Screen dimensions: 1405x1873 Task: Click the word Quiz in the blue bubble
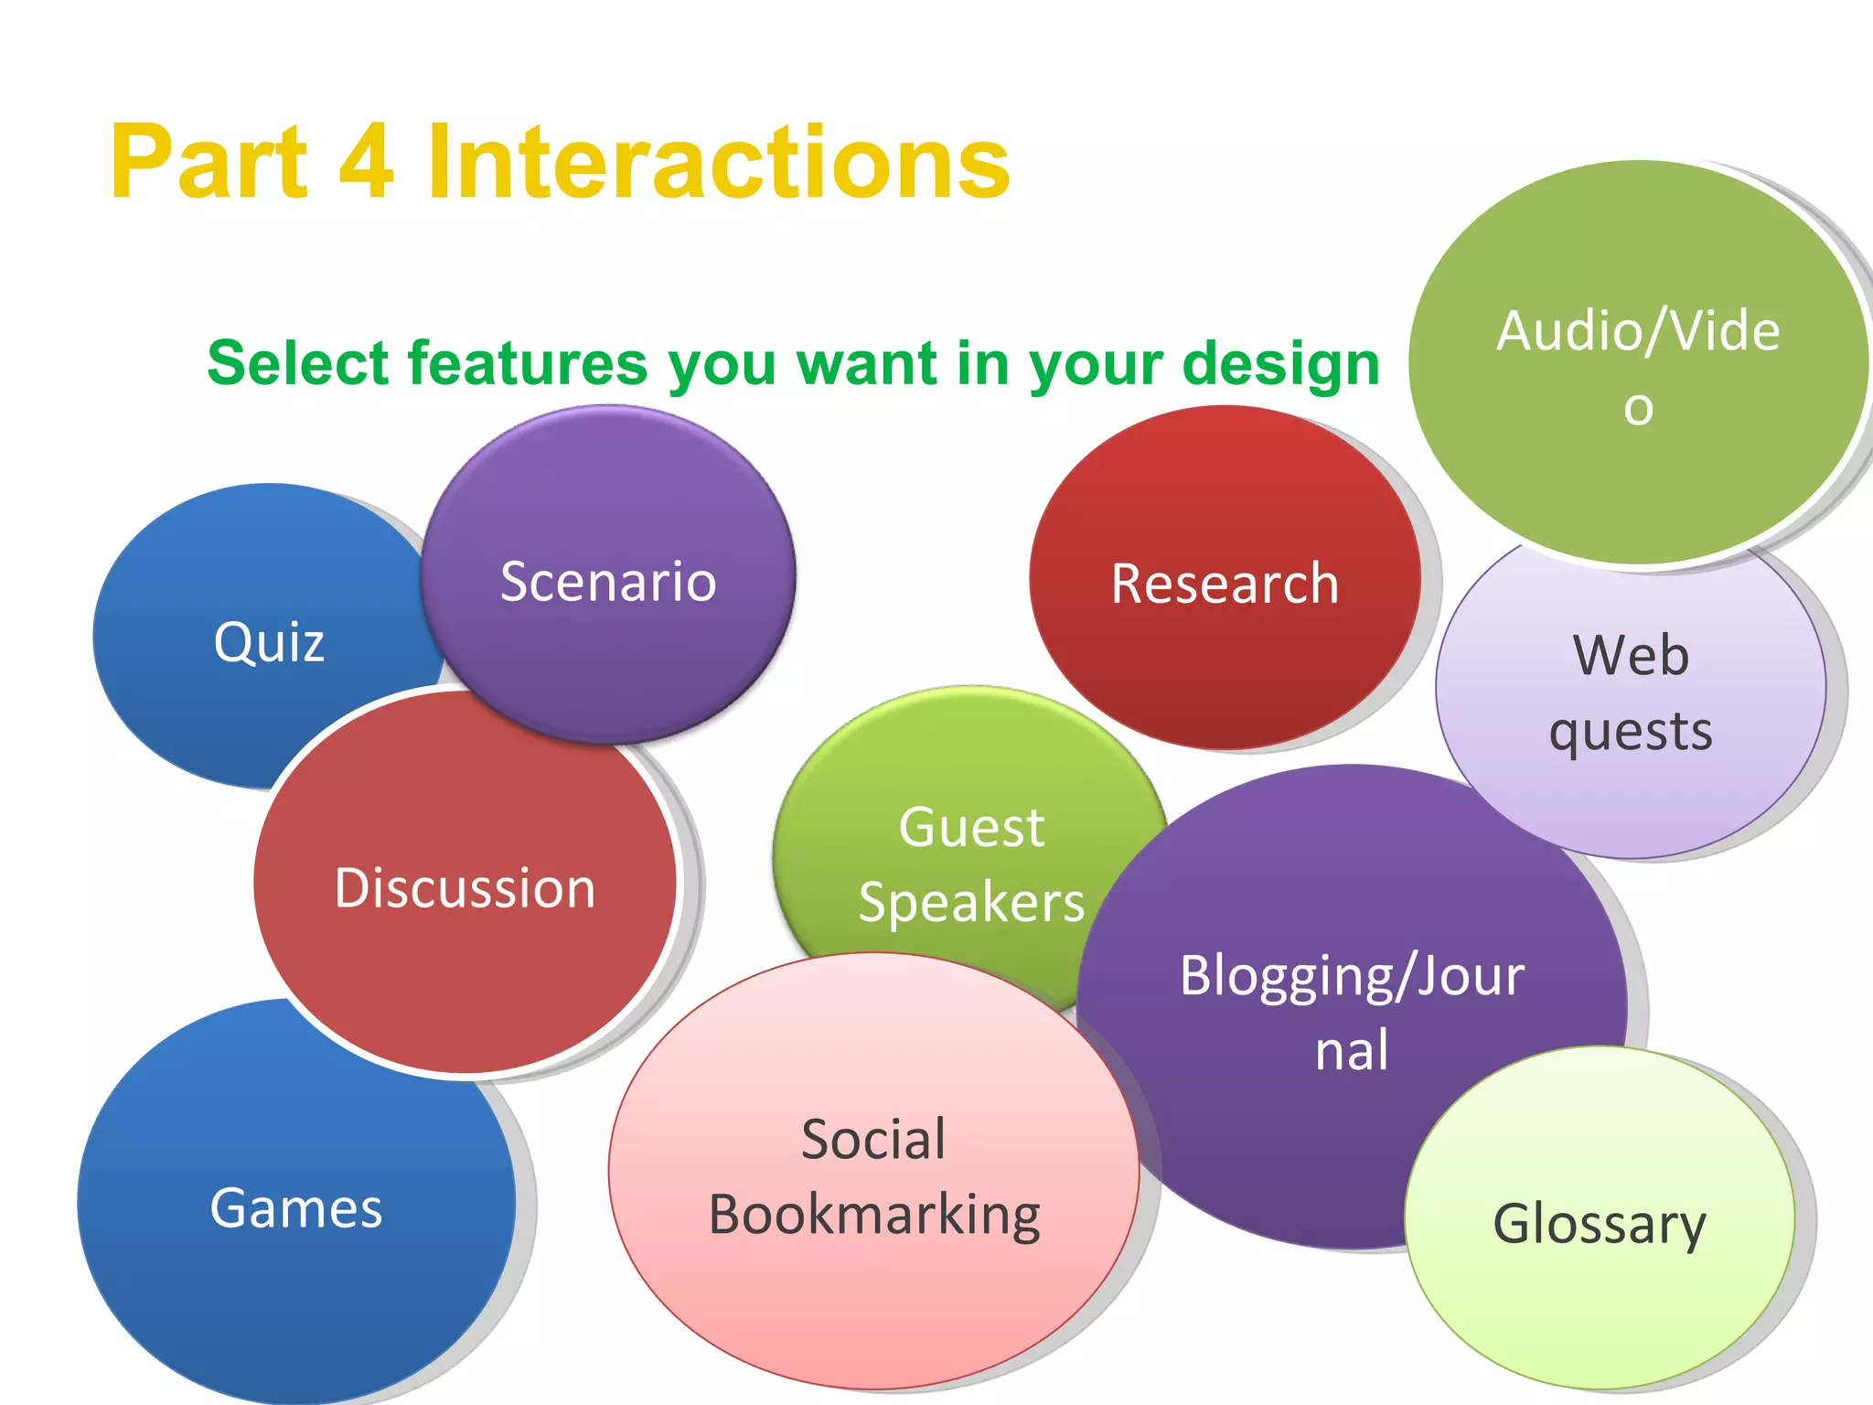[x=269, y=642]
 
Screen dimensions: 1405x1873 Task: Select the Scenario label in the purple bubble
[x=608, y=582]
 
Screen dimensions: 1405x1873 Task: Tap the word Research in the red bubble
[x=1225, y=584]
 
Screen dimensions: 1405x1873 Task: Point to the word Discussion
[x=465, y=888]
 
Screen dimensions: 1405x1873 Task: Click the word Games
[x=295, y=1208]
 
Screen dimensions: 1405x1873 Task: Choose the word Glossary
[x=1600, y=1224]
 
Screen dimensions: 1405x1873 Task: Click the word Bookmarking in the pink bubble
[x=874, y=1216]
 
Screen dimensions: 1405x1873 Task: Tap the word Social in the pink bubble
[x=873, y=1140]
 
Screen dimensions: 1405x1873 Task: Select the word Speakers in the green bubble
[x=971, y=903]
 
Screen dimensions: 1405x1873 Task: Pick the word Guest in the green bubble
[x=971, y=828]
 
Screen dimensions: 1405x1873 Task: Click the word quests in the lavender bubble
[x=1631, y=732]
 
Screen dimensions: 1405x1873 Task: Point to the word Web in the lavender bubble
[x=1631, y=656]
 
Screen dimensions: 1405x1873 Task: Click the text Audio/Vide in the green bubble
[x=1638, y=331]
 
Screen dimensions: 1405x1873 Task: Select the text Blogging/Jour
[x=1352, y=976]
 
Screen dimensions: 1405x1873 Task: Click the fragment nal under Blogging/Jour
[x=1352, y=1051]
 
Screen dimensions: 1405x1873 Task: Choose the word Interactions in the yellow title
[x=718, y=163]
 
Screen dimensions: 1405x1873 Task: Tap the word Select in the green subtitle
[x=298, y=363]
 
